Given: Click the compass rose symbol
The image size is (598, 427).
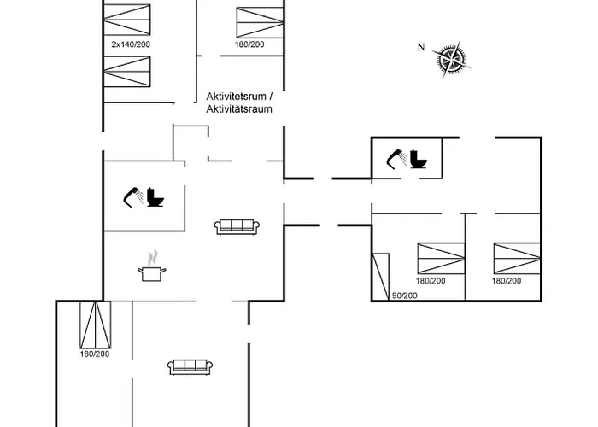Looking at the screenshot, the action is tap(452, 59).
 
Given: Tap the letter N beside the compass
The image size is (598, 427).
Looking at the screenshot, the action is tap(421, 47).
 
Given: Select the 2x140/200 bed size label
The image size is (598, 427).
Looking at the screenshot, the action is tap(131, 44).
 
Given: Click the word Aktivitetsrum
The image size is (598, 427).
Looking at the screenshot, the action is tap(236, 96).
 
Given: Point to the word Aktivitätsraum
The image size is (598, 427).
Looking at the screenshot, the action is tap(239, 109).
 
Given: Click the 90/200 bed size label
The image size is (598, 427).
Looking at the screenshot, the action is tap(405, 295).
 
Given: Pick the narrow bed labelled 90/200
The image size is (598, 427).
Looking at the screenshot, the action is tap(381, 277).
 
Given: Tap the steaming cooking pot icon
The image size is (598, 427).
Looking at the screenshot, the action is tap(152, 266).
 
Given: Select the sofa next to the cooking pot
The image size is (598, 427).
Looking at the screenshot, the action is tap(237, 227).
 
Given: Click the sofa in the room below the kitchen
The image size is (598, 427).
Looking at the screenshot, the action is tap(190, 367).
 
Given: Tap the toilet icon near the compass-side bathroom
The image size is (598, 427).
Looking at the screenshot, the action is tap(419, 160).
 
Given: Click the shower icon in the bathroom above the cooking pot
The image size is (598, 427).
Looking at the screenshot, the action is tap(133, 197).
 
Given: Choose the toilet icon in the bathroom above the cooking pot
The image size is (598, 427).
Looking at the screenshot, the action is tap(155, 197).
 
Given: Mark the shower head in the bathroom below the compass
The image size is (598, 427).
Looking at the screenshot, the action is tap(396, 159).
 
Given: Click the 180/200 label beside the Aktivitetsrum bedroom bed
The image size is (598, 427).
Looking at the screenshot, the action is tap(249, 44).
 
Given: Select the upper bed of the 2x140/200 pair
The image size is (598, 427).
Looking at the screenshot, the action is tap(127, 20).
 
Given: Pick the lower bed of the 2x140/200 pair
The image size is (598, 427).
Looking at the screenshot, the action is tap(127, 72).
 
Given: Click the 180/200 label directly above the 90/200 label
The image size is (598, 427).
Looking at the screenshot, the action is tap(431, 281).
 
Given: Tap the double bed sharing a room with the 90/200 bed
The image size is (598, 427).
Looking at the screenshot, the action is tap(442, 258).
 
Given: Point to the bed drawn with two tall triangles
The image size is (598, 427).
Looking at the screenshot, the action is tap(96, 325).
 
